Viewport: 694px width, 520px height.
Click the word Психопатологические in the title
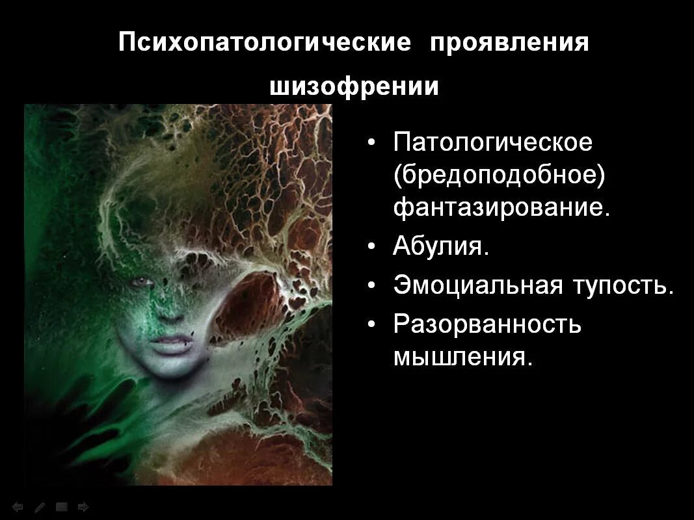tap(265, 44)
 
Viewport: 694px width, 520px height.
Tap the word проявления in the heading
tap(508, 44)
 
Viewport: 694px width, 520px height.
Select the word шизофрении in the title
tap(354, 86)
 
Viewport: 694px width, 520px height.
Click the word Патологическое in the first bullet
tap(492, 142)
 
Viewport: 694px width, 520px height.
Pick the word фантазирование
tap(501, 207)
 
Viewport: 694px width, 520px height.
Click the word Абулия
tap(440, 247)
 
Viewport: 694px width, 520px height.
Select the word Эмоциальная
tap(477, 285)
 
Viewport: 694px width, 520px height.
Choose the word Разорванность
tap(487, 324)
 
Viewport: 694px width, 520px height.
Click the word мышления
tap(462, 357)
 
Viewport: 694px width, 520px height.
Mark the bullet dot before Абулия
tap(371, 248)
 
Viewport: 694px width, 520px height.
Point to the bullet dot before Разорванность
tap(371, 324)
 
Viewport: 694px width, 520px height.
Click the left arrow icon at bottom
tap(18, 506)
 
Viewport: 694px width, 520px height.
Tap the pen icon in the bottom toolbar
tap(40, 506)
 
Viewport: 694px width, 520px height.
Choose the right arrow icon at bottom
tap(83, 506)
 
